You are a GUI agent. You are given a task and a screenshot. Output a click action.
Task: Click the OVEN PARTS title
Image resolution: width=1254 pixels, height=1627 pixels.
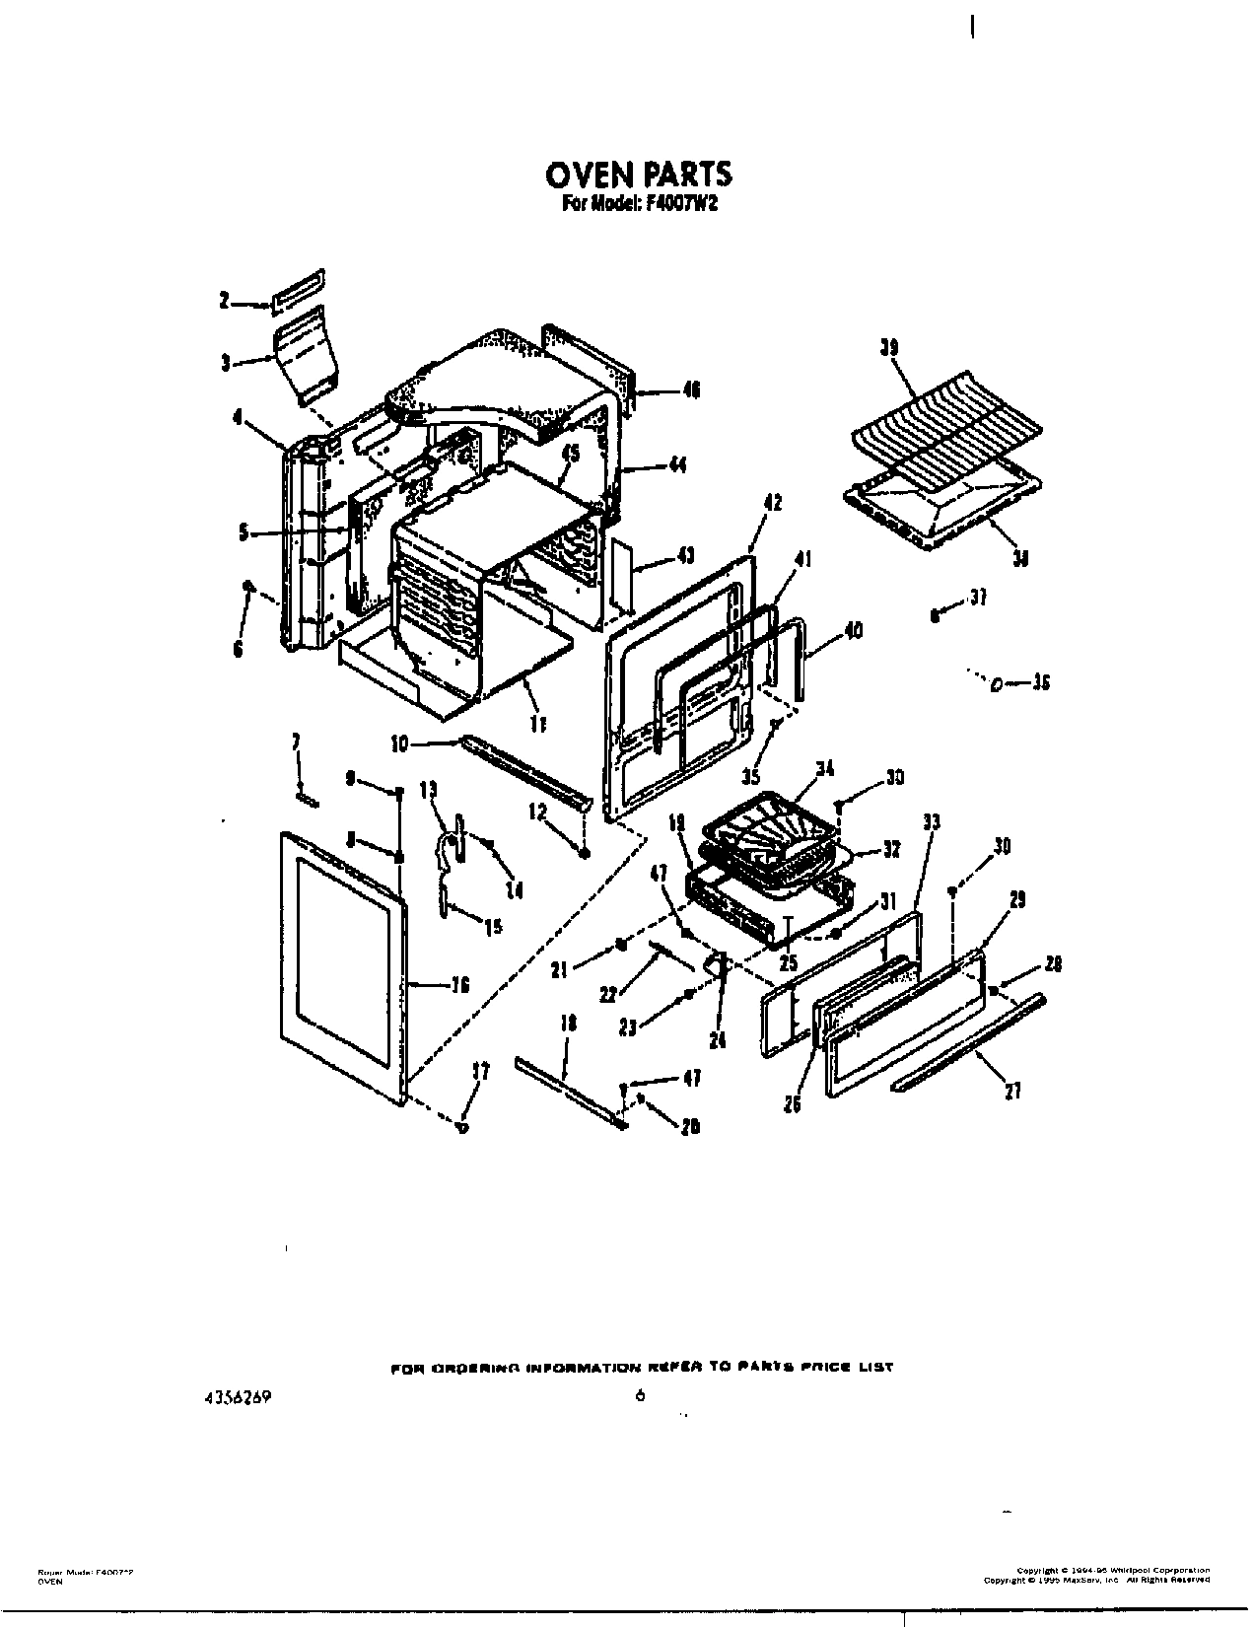[x=638, y=175]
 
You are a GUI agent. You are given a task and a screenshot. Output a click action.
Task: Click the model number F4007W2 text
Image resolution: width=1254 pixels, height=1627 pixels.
[x=679, y=206]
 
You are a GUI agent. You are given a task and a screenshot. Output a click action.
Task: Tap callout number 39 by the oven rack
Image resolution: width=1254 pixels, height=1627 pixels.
[x=889, y=347]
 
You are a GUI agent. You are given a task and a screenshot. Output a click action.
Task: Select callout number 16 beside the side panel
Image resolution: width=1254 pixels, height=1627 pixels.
[x=458, y=984]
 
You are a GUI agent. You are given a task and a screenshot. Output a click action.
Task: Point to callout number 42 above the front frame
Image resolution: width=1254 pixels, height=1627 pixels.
[x=772, y=503]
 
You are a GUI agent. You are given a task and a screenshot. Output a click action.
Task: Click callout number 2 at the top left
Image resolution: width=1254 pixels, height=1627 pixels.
[x=225, y=302]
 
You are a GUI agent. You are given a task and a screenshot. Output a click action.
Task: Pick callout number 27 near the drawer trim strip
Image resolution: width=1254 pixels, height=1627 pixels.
[x=1012, y=1090]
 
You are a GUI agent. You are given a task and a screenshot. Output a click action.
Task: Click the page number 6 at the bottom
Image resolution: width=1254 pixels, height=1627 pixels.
[x=640, y=1394]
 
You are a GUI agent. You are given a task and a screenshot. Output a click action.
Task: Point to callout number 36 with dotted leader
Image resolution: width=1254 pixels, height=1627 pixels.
[x=1040, y=682]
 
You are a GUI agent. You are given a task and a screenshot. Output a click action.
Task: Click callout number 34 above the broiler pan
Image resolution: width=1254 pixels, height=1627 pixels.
[x=826, y=769]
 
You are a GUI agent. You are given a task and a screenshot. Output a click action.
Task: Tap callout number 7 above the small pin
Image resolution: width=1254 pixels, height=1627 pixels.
[x=296, y=743]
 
